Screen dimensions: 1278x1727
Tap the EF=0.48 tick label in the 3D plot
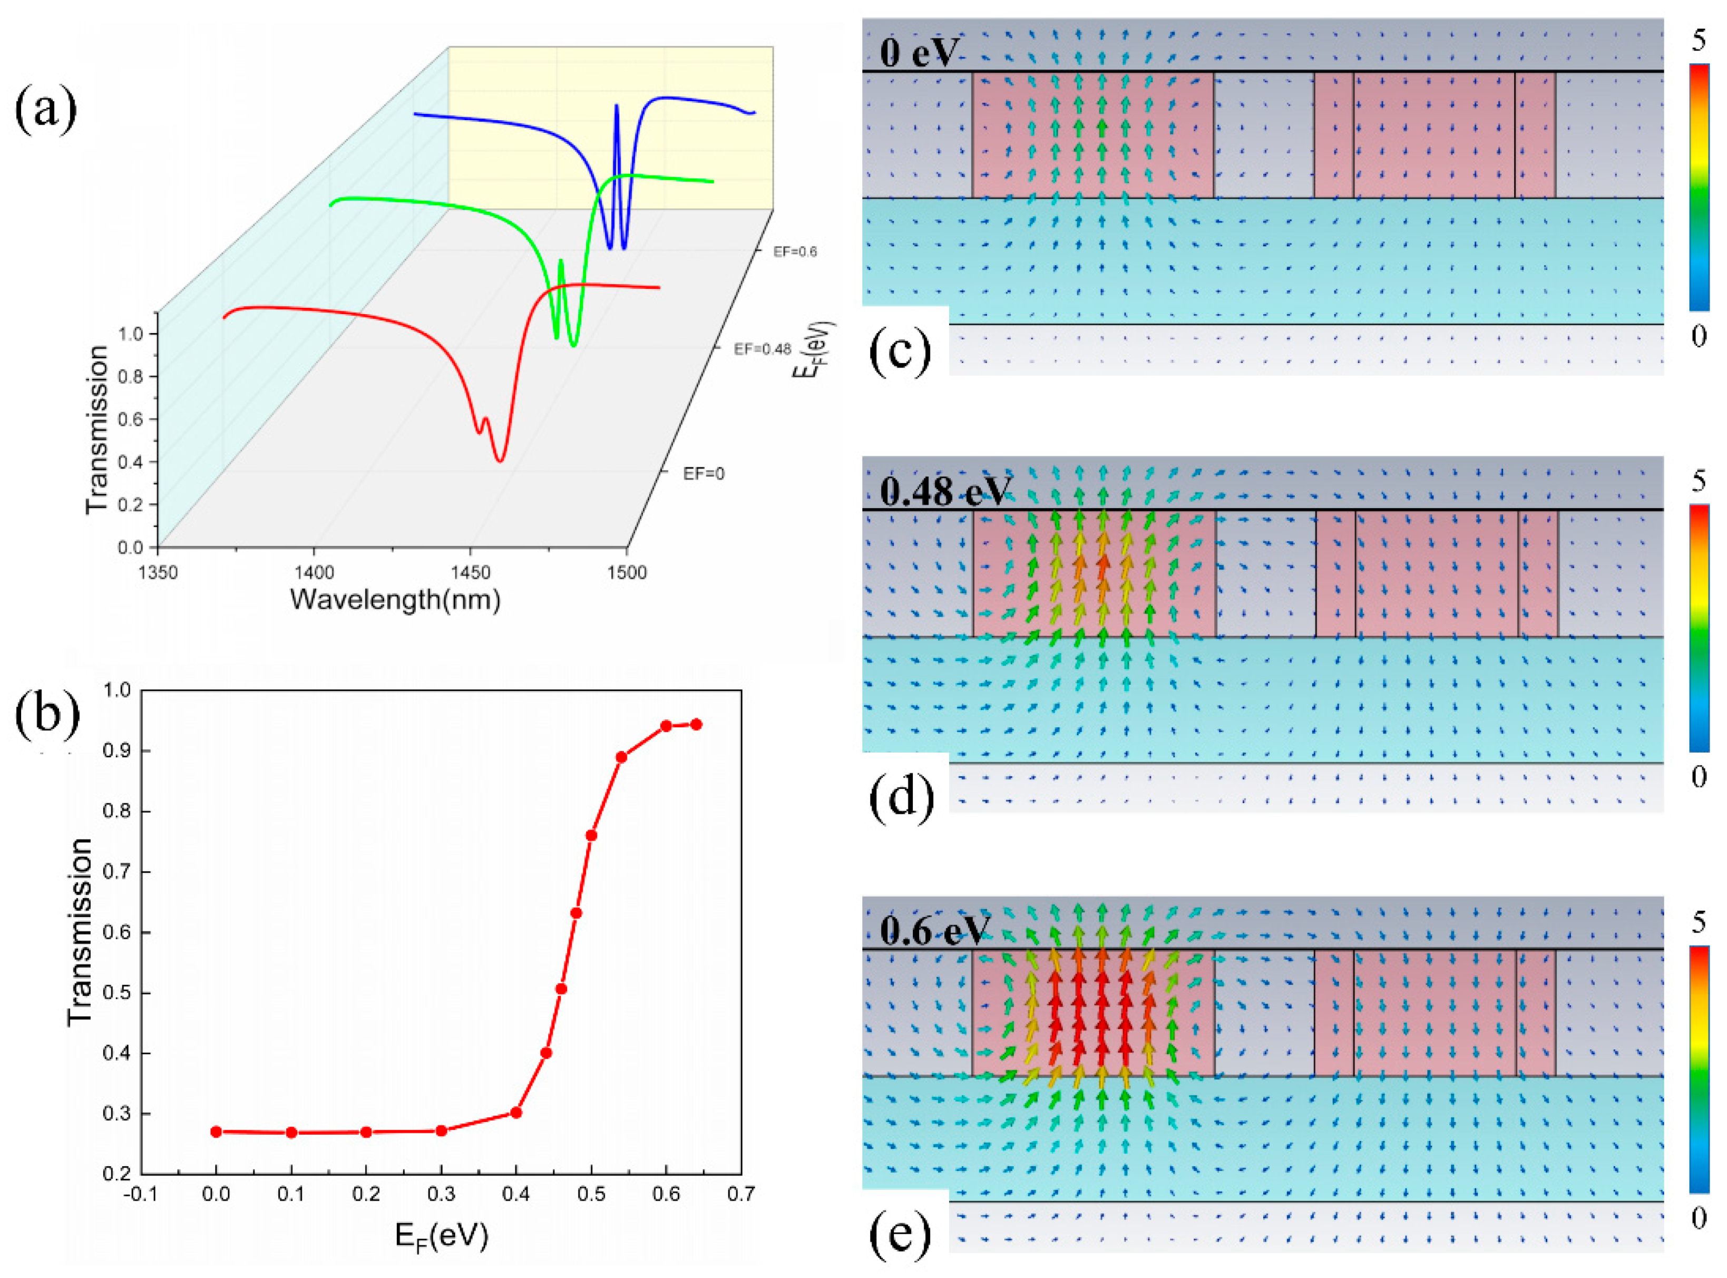pyautogui.click(x=762, y=349)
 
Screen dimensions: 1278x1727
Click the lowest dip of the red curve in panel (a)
pyautogui.click(x=500, y=461)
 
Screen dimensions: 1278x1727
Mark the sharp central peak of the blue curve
pyautogui.click(x=617, y=106)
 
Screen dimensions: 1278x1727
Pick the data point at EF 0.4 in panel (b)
pyautogui.click(x=516, y=1113)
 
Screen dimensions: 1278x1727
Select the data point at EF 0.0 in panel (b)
pyautogui.click(x=217, y=1132)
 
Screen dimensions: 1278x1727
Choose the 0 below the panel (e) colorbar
pyautogui.click(x=1699, y=1219)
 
